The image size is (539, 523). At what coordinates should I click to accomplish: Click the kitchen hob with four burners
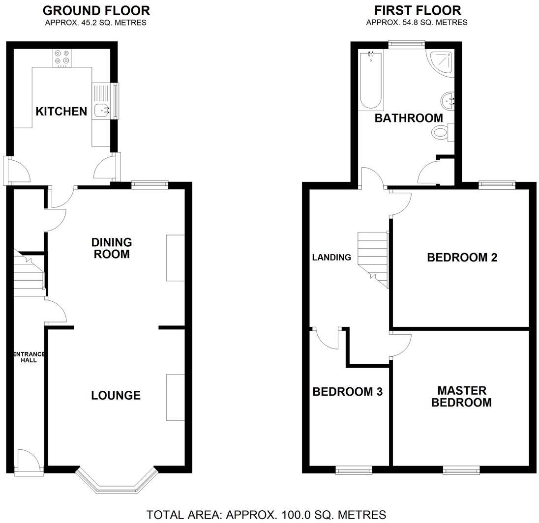(62, 58)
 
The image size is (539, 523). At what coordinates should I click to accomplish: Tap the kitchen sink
(102, 111)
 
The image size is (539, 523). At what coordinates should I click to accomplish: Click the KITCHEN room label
(61, 112)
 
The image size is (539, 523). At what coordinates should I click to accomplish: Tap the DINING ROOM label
(112, 248)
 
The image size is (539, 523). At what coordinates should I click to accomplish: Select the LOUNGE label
(116, 396)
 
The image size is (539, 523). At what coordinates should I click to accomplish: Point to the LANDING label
(331, 257)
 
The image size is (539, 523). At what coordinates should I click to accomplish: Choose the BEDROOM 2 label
(462, 257)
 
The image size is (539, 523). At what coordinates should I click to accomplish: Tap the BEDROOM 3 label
(347, 392)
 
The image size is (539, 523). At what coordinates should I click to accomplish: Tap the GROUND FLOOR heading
(96, 10)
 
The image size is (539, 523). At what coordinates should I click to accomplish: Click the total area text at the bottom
(266, 515)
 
